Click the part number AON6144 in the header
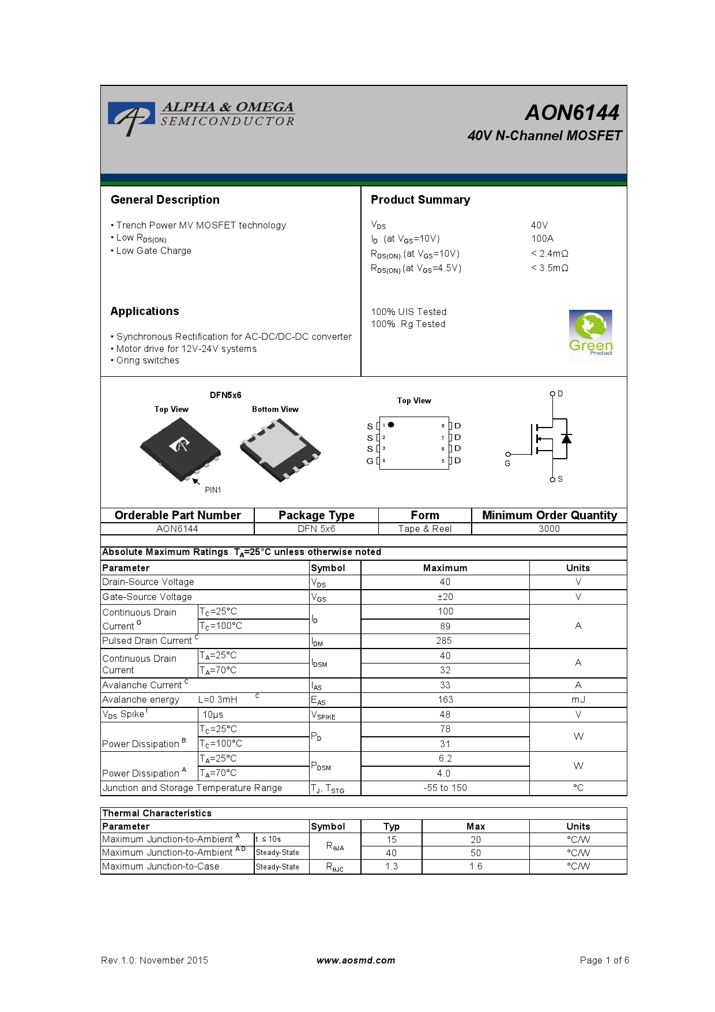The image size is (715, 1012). (x=572, y=113)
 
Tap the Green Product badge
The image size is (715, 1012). (x=590, y=333)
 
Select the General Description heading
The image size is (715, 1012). (x=165, y=200)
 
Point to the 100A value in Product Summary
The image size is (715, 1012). (x=542, y=238)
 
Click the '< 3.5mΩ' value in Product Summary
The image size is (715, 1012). (x=550, y=268)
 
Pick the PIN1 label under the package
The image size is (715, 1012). (x=213, y=490)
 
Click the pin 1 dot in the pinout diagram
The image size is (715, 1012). (x=391, y=425)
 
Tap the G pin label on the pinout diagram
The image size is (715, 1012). (x=370, y=461)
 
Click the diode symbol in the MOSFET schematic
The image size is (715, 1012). (x=566, y=438)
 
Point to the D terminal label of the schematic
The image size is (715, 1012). (x=560, y=393)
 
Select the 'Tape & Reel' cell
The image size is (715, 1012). (x=425, y=529)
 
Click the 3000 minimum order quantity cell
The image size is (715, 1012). (x=549, y=529)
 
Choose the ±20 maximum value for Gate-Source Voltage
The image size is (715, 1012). (x=445, y=597)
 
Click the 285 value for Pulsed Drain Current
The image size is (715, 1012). (x=444, y=640)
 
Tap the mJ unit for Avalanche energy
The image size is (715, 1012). (x=578, y=699)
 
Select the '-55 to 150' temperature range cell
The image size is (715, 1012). (x=445, y=788)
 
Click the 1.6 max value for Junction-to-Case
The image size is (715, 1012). (x=476, y=866)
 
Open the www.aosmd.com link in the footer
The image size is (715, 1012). (x=356, y=960)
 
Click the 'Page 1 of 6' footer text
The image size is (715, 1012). (x=604, y=960)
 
